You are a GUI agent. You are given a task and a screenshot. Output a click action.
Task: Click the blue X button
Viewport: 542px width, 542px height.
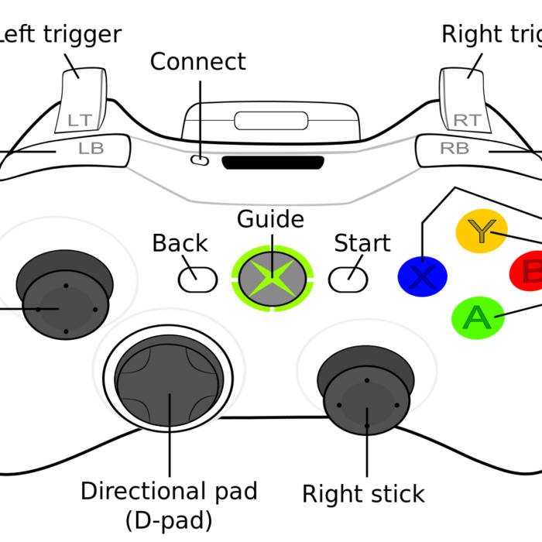pos(421,276)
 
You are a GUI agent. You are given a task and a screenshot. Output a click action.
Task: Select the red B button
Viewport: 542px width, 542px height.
pos(530,273)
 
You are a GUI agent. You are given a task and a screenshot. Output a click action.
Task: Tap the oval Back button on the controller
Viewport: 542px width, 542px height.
pos(197,280)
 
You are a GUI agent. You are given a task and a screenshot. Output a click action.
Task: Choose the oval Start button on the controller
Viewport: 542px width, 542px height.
pos(348,279)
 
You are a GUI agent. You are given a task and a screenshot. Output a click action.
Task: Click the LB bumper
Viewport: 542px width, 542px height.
pos(91,149)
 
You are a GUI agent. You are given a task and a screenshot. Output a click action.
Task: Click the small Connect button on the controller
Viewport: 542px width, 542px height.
pos(200,161)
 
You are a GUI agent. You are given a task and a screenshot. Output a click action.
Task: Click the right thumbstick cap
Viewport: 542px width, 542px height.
pos(366,404)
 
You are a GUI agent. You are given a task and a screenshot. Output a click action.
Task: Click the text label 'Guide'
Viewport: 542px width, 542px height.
pos(270,219)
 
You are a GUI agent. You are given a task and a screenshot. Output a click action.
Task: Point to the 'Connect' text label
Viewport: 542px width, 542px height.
pos(197,61)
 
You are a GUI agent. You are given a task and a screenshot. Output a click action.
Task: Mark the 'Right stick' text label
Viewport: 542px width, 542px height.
pos(363,494)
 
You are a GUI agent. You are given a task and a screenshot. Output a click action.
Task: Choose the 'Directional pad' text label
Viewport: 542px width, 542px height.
pos(169,491)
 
